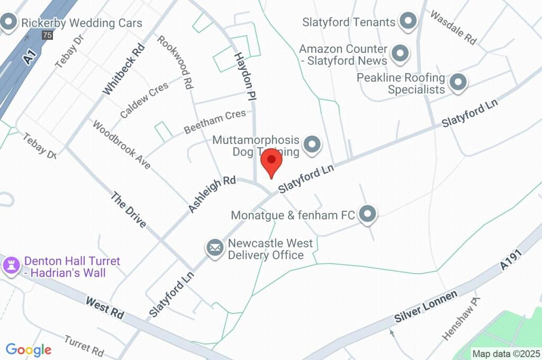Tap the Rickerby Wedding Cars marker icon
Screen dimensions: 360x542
click(x=8, y=23)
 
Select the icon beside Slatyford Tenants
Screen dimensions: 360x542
click(x=408, y=22)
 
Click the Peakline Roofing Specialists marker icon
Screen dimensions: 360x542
click(x=458, y=82)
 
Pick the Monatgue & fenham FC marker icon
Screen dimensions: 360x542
click(x=367, y=214)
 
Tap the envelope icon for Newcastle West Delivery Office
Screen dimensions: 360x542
click(x=215, y=247)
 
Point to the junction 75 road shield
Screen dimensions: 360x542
click(x=48, y=35)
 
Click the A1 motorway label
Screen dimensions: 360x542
click(x=30, y=57)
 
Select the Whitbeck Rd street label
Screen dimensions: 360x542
click(x=116, y=69)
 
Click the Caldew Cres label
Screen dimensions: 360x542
click(x=144, y=100)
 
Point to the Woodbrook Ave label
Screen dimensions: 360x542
click(x=121, y=145)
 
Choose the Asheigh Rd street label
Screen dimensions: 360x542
click(x=212, y=194)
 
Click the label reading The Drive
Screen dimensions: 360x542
click(x=128, y=210)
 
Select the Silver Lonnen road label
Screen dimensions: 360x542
click(x=426, y=307)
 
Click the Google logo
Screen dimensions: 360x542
click(x=29, y=349)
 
